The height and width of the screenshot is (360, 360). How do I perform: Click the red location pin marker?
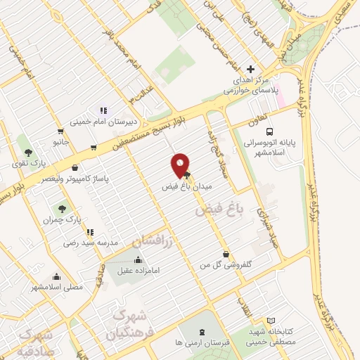click(181, 165)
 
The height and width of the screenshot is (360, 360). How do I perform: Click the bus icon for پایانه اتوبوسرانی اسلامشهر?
click(269, 131)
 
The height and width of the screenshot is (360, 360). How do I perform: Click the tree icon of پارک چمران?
click(61, 209)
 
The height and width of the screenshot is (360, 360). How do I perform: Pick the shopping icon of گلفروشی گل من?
click(225, 253)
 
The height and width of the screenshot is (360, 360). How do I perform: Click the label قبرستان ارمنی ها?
click(202, 343)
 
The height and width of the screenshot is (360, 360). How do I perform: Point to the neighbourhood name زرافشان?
click(152, 240)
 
